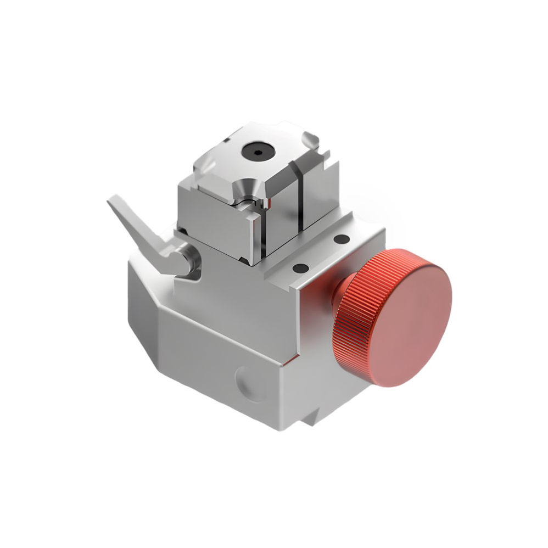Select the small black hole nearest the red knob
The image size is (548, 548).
(x=342, y=239)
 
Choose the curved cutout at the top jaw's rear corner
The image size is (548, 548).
(x=310, y=141)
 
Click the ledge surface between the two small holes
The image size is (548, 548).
(x=321, y=254)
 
